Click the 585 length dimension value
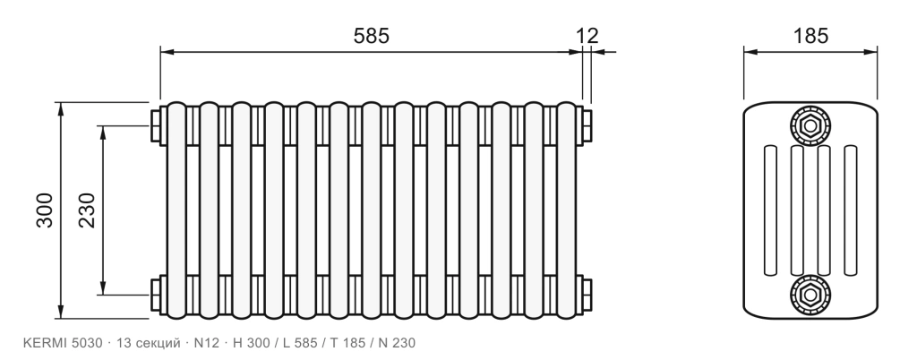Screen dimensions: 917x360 point(371,36)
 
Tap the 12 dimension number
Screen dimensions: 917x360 point(587,36)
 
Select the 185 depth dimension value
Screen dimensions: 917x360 point(810,36)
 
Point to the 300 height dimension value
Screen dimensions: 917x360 point(45,210)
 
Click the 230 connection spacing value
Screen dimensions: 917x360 point(87,210)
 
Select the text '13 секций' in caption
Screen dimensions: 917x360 point(149,343)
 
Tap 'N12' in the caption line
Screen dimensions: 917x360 point(207,343)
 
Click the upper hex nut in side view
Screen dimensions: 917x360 point(810,125)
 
